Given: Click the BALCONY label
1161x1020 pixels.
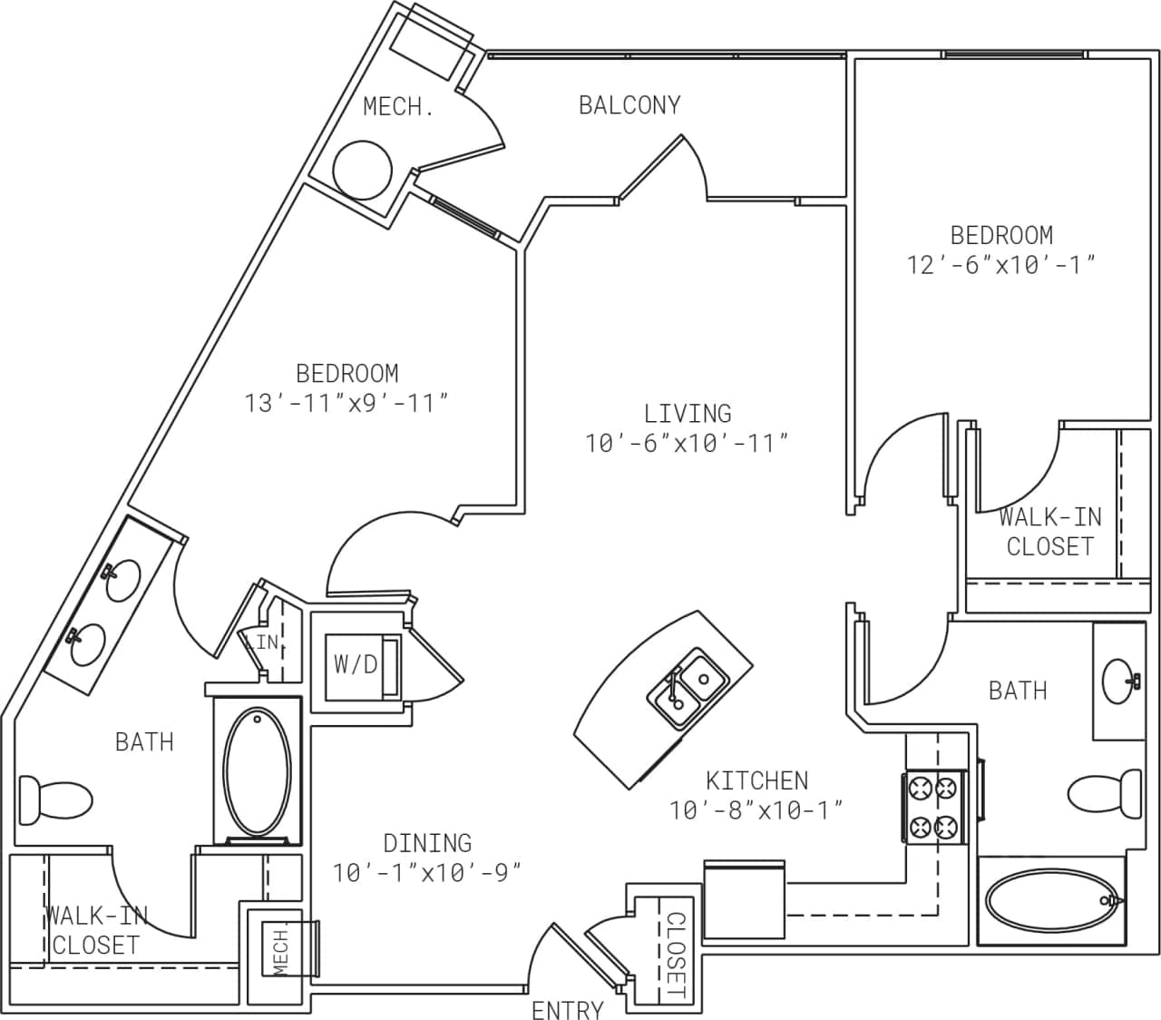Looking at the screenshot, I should coord(629,105).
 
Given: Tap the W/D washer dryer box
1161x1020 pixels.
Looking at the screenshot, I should coord(356,665).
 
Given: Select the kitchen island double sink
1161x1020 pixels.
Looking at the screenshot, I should coord(688,686).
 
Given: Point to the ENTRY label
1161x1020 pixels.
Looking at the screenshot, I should coord(568,1009).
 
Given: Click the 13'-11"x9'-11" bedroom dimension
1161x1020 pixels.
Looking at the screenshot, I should coord(347,402).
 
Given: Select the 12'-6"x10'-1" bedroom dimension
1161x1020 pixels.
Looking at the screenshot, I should coord(1001,264).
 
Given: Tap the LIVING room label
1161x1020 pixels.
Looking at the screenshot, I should coord(688,414).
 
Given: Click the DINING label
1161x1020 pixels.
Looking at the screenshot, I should coord(427,843).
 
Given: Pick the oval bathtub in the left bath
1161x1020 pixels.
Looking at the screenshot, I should coord(259,771).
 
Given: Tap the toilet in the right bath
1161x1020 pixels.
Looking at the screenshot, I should coord(1105,792).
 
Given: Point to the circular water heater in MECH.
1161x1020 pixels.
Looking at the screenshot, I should coord(363,170).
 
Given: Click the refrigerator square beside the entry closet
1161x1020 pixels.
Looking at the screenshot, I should coord(744,899).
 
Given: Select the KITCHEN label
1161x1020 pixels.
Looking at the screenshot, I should coord(756,780).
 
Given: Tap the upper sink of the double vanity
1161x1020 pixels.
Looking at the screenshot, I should coord(122,580).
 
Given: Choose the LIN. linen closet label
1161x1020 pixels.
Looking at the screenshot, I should coord(264,642).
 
